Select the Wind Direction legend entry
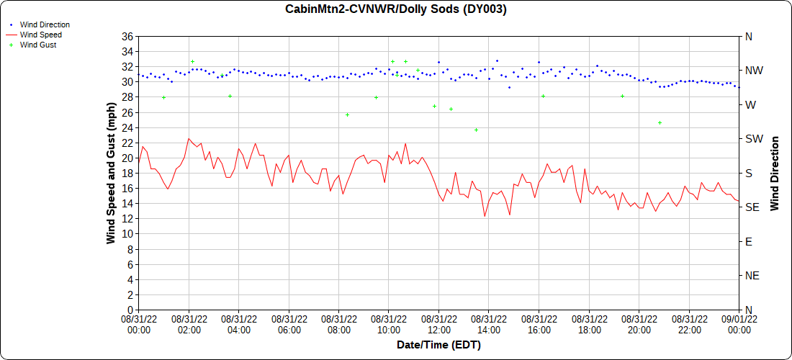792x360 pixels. tap(45, 24)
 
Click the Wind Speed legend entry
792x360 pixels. tap(40, 35)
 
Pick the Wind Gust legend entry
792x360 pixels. tap(38, 45)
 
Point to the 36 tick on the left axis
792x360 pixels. tap(127, 37)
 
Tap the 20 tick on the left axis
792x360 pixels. tap(127, 158)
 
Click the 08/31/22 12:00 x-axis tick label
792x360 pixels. tap(438, 323)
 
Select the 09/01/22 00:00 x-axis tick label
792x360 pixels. tap(739, 323)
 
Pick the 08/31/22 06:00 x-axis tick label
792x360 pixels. tap(289, 323)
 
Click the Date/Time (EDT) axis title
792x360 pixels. tap(438, 345)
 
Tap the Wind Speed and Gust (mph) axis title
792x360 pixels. tap(111, 173)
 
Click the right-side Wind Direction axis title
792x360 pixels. tap(775, 173)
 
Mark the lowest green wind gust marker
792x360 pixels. tap(476, 130)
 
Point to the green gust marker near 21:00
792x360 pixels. tap(660, 122)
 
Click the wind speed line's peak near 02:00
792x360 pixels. tap(189, 138)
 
